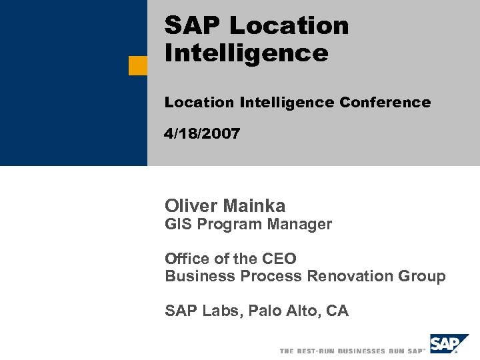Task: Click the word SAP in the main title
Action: click(193, 26)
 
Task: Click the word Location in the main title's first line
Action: click(289, 26)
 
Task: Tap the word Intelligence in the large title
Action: click(246, 53)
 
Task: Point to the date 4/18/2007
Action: click(202, 133)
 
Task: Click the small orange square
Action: click(138, 65)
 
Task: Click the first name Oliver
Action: click(190, 206)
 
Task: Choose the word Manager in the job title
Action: click(299, 225)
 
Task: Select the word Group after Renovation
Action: click(423, 276)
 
